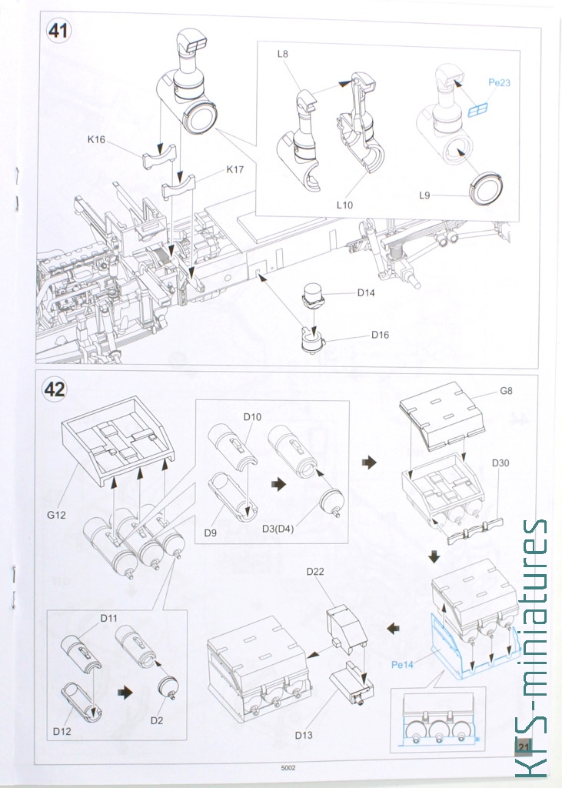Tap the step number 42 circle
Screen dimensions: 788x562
(55, 389)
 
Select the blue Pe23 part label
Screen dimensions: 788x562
(499, 82)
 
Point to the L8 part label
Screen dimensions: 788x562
(283, 55)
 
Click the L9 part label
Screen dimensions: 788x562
(425, 195)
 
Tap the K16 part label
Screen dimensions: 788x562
(97, 140)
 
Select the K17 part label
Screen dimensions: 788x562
(234, 169)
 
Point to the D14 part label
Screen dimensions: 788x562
(367, 293)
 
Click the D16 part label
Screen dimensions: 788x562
(381, 335)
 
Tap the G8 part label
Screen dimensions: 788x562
(506, 391)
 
